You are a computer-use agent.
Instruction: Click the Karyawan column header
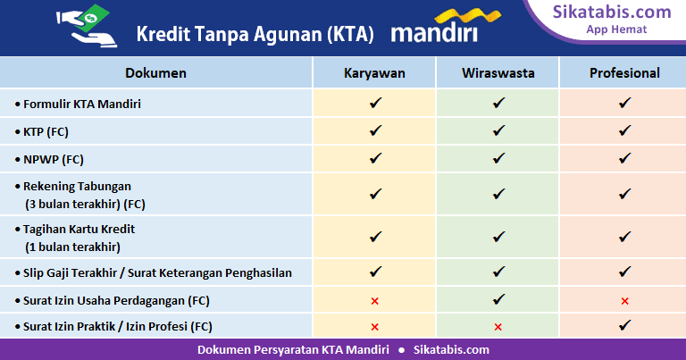click(374, 72)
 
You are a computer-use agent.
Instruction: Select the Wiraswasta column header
click(498, 72)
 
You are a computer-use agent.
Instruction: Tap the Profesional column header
click(624, 72)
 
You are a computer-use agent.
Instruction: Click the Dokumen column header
click(155, 72)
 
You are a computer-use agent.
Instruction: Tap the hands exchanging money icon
click(87, 25)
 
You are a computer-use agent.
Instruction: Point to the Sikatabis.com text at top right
click(612, 12)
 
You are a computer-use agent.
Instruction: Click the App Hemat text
click(616, 29)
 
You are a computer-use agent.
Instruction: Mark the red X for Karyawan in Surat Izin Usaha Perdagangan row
click(374, 301)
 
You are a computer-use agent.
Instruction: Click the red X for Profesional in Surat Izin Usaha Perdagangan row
click(624, 301)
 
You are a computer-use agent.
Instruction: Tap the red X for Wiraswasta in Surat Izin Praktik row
click(498, 327)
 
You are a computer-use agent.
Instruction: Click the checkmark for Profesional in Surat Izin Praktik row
click(624, 325)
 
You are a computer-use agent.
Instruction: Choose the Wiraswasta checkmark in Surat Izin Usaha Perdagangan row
click(498, 299)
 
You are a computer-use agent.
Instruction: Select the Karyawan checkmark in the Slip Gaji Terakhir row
click(375, 272)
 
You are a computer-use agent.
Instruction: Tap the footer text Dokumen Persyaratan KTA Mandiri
click(293, 350)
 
